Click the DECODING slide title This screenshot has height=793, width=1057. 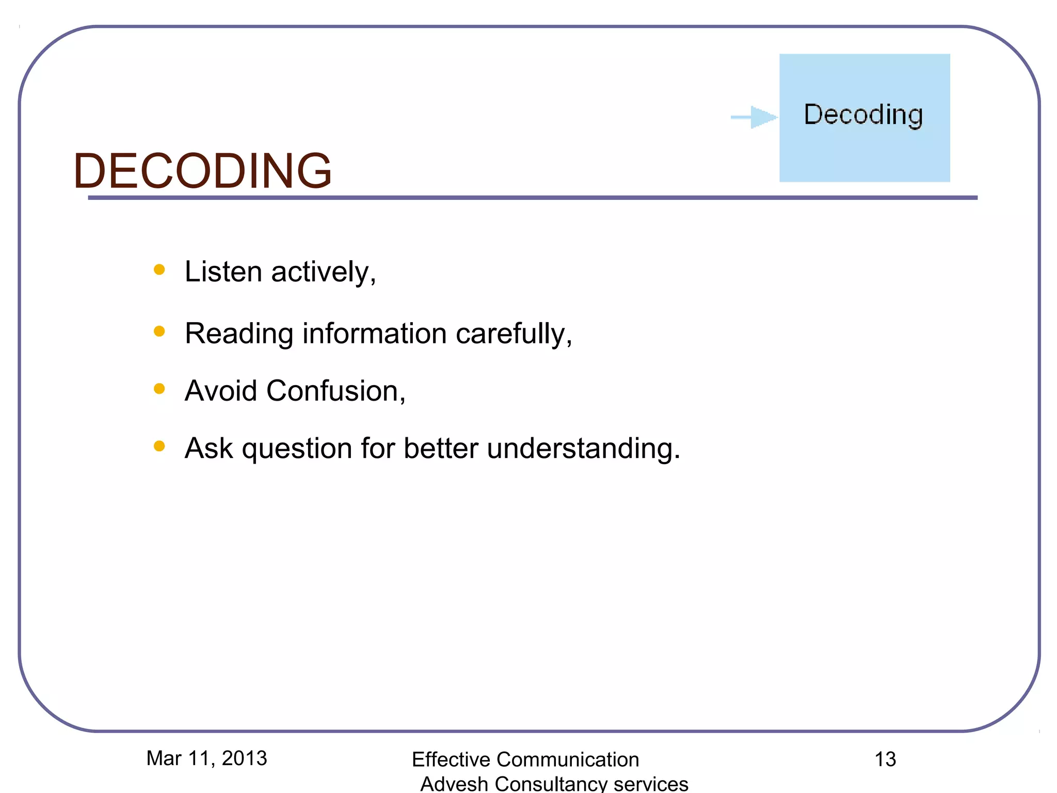(202, 171)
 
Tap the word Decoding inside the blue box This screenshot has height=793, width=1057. (863, 115)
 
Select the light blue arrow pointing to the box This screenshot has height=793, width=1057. (755, 117)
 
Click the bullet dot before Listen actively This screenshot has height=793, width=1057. (159, 269)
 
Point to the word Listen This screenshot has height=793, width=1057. (223, 272)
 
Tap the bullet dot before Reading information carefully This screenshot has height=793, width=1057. (159, 331)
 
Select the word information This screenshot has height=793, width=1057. (374, 334)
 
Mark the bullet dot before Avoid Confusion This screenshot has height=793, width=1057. (159, 389)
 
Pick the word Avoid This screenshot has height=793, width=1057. (221, 391)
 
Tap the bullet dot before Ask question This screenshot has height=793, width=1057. (159, 446)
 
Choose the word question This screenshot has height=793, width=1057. (297, 449)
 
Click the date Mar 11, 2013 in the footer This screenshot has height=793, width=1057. (206, 758)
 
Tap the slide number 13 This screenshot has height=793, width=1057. (885, 759)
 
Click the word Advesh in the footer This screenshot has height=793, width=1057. (454, 784)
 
